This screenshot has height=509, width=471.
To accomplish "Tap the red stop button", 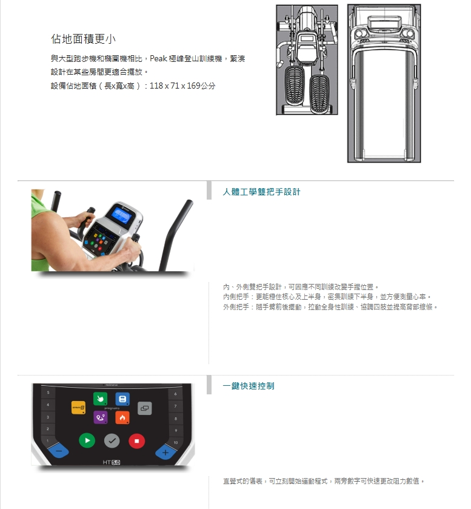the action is pyautogui.click(x=136, y=441).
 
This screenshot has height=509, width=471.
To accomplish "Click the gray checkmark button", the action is pyautogui.click(x=112, y=441).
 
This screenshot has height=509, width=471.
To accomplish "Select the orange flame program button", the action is pyautogui.click(x=122, y=417).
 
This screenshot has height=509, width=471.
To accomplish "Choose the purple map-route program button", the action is pyautogui.click(x=100, y=417).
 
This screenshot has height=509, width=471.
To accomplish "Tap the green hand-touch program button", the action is pyautogui.click(x=100, y=399).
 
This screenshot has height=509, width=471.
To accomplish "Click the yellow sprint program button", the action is pyautogui.click(x=79, y=408).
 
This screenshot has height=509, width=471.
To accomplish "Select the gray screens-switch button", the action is pyautogui.click(x=145, y=408).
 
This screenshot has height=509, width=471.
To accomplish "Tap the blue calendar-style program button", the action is pyautogui.click(x=122, y=399).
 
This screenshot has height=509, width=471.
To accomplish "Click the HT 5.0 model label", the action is pyautogui.click(x=112, y=462).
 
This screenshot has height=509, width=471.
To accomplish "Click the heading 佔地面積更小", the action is pyautogui.click(x=84, y=39).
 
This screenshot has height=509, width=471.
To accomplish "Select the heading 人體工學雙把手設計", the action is pyautogui.click(x=261, y=192).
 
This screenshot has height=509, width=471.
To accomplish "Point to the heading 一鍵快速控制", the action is pyautogui.click(x=249, y=386).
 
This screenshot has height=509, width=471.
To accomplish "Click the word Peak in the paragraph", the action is pyautogui.click(x=158, y=58).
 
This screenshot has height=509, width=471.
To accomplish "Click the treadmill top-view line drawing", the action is pyautogui.click(x=384, y=84).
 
